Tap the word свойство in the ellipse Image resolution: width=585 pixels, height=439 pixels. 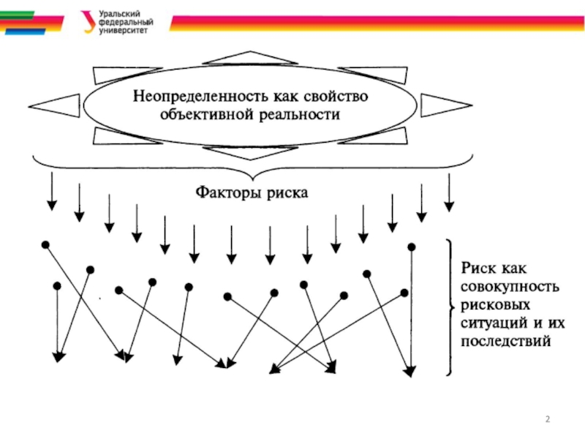336,97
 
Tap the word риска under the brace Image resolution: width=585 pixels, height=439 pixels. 287,193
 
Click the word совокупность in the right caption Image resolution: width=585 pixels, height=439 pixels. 510,287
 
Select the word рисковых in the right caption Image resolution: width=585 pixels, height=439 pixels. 495,305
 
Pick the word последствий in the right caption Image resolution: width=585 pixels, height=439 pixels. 505,341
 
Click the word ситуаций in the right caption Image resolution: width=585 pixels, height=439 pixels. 493,323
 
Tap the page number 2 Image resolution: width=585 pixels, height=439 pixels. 547,419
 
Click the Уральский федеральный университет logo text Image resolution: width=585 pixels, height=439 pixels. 126,23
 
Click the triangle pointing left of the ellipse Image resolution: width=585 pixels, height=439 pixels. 54,106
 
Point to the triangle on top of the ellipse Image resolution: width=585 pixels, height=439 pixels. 250,58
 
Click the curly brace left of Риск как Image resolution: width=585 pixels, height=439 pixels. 450,307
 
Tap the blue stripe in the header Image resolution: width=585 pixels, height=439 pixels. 26,32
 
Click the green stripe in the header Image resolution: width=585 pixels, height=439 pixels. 17,15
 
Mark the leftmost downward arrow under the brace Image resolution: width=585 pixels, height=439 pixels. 52,191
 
